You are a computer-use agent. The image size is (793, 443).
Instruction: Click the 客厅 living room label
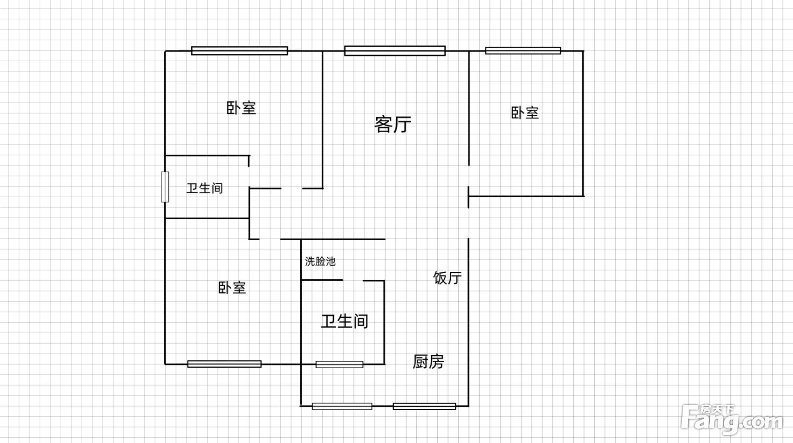tap(393, 124)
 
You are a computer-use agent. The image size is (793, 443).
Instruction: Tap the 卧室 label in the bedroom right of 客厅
tap(525, 113)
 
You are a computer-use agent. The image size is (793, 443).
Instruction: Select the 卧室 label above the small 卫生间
tap(241, 108)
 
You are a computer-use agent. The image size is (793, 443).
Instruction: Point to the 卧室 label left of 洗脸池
tap(232, 288)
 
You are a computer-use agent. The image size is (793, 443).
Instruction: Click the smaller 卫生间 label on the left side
tap(204, 189)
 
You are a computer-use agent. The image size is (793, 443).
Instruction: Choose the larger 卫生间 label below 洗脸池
tap(344, 322)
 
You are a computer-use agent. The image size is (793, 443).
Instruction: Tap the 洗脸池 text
tap(320, 261)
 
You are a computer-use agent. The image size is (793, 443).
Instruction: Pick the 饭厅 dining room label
tap(447, 278)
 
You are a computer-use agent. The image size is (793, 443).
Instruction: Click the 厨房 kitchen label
tap(428, 361)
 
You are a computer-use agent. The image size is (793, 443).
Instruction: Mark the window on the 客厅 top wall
tap(395, 50)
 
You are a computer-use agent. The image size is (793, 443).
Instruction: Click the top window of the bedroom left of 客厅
tap(239, 50)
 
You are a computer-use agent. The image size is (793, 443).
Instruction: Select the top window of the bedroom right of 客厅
tap(523, 50)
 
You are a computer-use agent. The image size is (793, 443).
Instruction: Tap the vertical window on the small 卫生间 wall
tap(165, 187)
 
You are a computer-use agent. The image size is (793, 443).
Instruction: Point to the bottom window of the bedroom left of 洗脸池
tap(224, 364)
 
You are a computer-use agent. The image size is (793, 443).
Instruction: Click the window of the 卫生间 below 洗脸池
tap(339, 364)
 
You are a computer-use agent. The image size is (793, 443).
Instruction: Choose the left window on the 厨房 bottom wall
tap(342, 406)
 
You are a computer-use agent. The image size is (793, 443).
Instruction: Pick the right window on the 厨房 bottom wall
tap(424, 406)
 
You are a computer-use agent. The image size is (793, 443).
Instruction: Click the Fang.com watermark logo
tap(732, 420)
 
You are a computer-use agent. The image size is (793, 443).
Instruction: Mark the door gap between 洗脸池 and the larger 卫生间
tap(353, 280)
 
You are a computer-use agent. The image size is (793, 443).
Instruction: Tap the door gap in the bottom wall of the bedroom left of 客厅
tap(292, 189)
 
